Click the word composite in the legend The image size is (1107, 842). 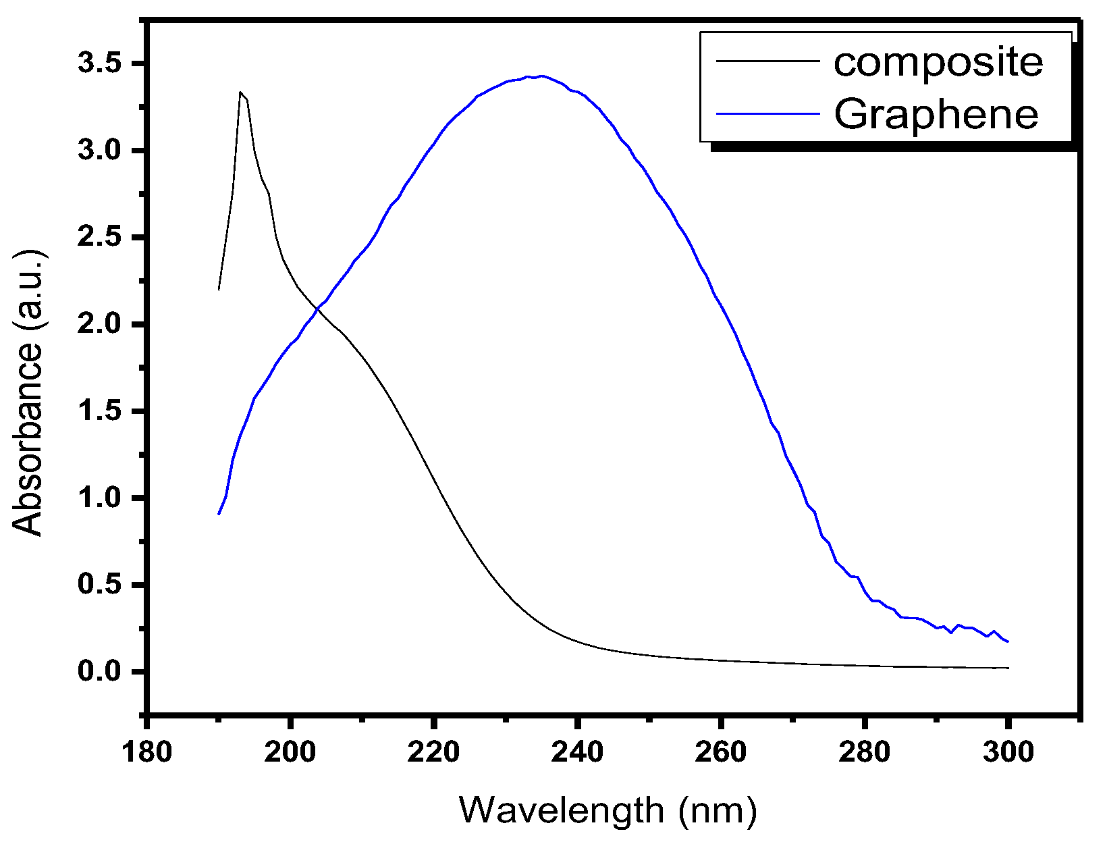pyautogui.click(x=938, y=62)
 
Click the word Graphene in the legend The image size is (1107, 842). pyautogui.click(x=936, y=114)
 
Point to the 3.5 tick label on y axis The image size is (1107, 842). pyautogui.click(x=99, y=64)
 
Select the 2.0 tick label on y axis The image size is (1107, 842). pyautogui.click(x=99, y=325)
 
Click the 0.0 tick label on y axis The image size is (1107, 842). pyautogui.click(x=99, y=672)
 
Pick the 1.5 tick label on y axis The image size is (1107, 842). pyautogui.click(x=99, y=411)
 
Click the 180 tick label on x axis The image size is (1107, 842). pyautogui.click(x=146, y=752)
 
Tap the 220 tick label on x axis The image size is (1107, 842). pyautogui.click(x=433, y=752)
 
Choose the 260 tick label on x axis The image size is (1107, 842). pyautogui.click(x=720, y=752)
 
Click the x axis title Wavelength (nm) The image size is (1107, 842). pyautogui.click(x=607, y=810)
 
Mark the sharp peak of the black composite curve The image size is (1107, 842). pyautogui.click(x=240, y=93)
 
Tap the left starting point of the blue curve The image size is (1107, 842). pyautogui.click(x=219, y=515)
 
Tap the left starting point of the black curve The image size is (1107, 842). pyautogui.click(x=219, y=290)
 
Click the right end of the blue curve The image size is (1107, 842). pyautogui.click(x=1008, y=641)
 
